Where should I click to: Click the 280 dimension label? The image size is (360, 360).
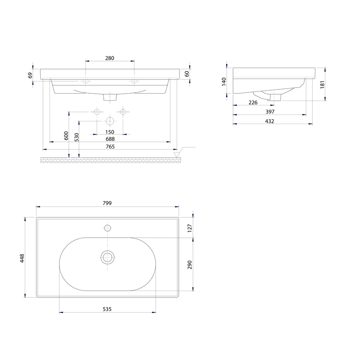110,58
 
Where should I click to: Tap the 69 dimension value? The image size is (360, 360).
30,75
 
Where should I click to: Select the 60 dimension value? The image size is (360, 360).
187,74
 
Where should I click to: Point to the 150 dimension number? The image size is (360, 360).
110,132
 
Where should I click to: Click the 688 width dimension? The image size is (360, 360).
110,139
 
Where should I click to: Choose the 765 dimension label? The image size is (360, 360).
110,147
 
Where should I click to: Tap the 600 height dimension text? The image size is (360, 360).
66,136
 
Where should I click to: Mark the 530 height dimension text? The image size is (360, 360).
77,137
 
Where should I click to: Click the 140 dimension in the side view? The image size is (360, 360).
224,82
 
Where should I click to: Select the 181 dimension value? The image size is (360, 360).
322,85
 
